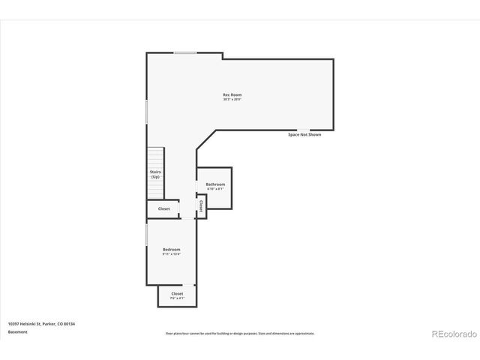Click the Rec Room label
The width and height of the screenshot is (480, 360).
(232, 94)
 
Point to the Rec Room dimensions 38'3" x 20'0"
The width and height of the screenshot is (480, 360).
(232, 99)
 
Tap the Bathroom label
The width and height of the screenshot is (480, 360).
(216, 184)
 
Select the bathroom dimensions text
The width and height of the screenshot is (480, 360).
(216, 188)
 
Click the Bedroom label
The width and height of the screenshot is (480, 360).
(171, 249)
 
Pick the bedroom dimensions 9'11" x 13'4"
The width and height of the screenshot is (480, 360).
(171, 253)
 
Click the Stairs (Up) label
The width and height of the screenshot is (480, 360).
(155, 174)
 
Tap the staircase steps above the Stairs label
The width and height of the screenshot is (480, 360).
(155, 157)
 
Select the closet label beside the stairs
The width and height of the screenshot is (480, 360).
(163, 208)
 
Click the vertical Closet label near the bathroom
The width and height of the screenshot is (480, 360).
(201, 205)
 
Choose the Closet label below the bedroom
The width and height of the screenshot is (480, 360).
(177, 293)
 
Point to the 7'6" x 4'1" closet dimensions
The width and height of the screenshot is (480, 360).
(177, 298)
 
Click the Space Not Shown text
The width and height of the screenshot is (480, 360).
(304, 134)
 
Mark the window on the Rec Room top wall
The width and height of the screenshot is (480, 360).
(185, 52)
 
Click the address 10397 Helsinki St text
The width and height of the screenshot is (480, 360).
(41, 323)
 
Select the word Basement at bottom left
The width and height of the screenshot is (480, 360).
(18, 331)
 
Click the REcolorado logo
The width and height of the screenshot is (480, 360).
(453, 334)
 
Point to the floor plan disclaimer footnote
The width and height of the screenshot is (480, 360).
(240, 333)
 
